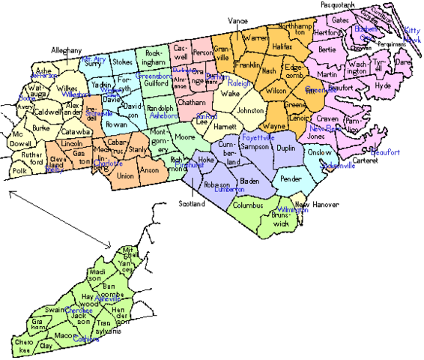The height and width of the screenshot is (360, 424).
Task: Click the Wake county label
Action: (x=230, y=94)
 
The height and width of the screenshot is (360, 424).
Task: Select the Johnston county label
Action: (x=250, y=110)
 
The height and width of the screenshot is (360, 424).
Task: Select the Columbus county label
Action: (x=249, y=204)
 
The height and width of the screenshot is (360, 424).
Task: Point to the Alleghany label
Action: (x=66, y=49)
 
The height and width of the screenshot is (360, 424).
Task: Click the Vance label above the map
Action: (x=237, y=21)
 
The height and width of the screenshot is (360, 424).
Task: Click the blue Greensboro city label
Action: (x=154, y=76)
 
